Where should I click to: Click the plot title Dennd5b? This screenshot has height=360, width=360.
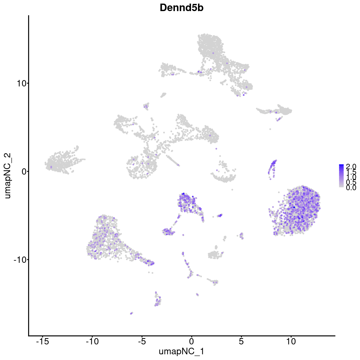click(x=181, y=8)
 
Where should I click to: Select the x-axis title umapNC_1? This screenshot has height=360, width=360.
click(x=181, y=351)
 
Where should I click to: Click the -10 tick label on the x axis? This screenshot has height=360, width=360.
click(x=92, y=341)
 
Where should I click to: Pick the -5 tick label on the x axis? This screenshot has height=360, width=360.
click(x=142, y=341)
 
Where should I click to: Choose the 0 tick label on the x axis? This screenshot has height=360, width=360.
click(x=191, y=341)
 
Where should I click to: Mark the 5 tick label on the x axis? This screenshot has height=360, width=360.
click(x=241, y=341)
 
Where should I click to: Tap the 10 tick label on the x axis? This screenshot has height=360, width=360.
click(x=291, y=341)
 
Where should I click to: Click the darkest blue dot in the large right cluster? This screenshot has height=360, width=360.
click(x=294, y=207)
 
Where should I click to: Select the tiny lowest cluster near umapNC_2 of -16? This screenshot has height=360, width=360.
click(x=131, y=313)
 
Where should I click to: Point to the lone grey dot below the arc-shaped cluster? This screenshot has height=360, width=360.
click(x=232, y=190)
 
